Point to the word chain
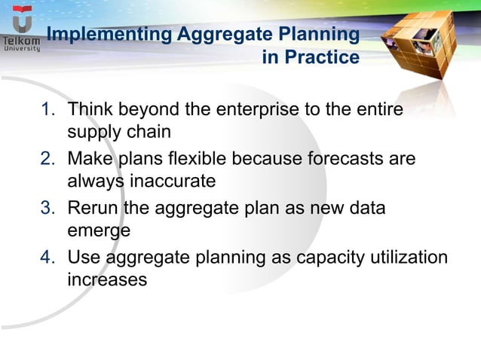pyautogui.click(x=149, y=133)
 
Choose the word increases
pyautogui.click(x=107, y=280)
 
